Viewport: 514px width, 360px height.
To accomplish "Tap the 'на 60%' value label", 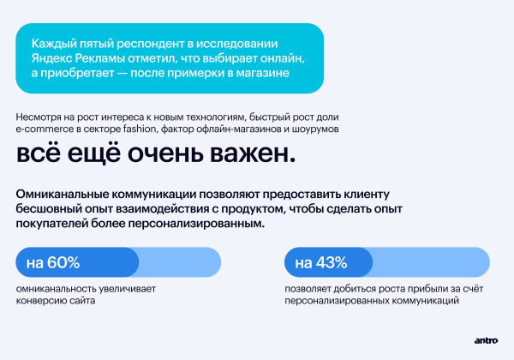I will [53, 261].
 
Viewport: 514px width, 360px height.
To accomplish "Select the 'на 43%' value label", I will [321, 261].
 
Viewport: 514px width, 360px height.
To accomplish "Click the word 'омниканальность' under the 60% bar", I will [57, 290].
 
